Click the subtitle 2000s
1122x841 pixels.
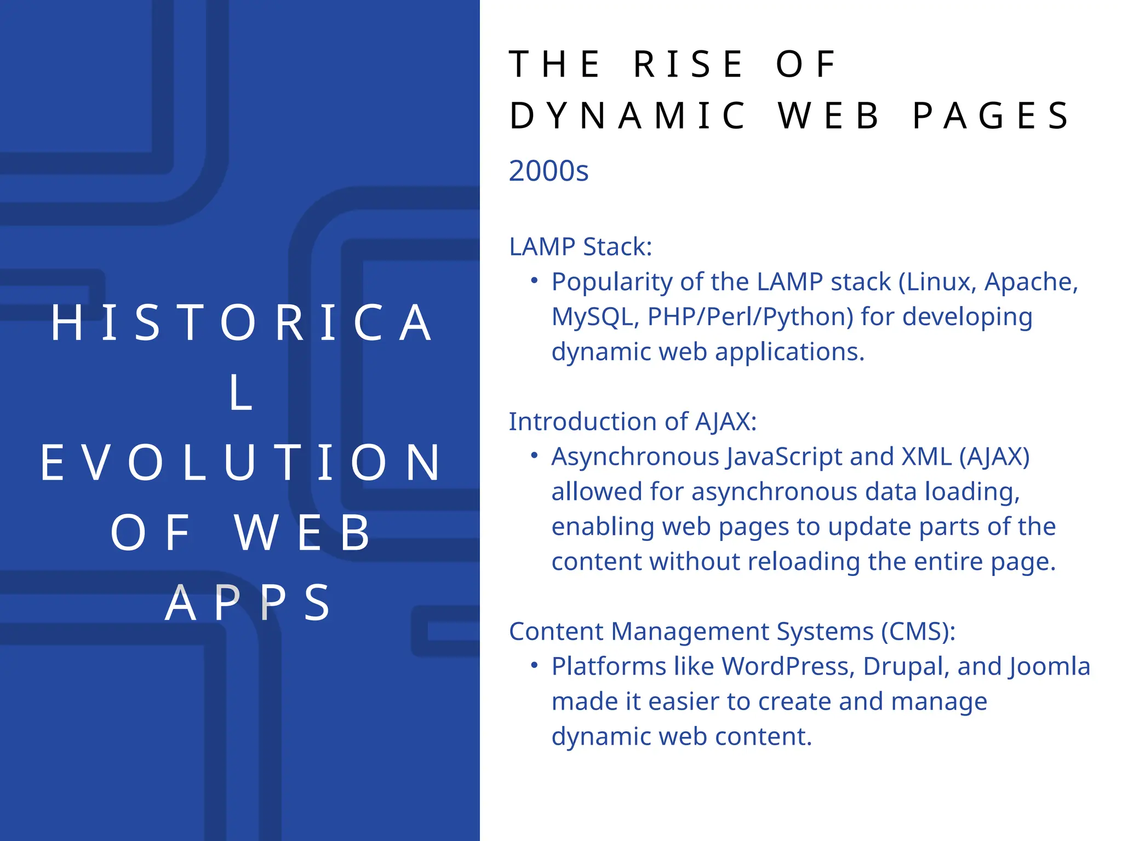[x=548, y=171]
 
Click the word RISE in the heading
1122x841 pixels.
[x=689, y=65]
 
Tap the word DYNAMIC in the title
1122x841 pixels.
[x=628, y=116]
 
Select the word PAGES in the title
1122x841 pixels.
[x=991, y=116]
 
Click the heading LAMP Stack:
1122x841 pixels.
[x=580, y=247]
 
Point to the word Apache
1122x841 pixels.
[x=1031, y=282]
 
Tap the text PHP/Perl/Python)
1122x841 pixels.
[x=750, y=317]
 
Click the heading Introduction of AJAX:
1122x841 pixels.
[x=632, y=422]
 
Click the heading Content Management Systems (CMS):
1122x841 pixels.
[x=732, y=631]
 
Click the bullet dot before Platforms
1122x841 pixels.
[x=534, y=665]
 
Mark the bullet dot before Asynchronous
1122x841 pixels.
[x=534, y=456]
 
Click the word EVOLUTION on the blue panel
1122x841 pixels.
[x=241, y=463]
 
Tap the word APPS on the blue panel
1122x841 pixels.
[x=248, y=603]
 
